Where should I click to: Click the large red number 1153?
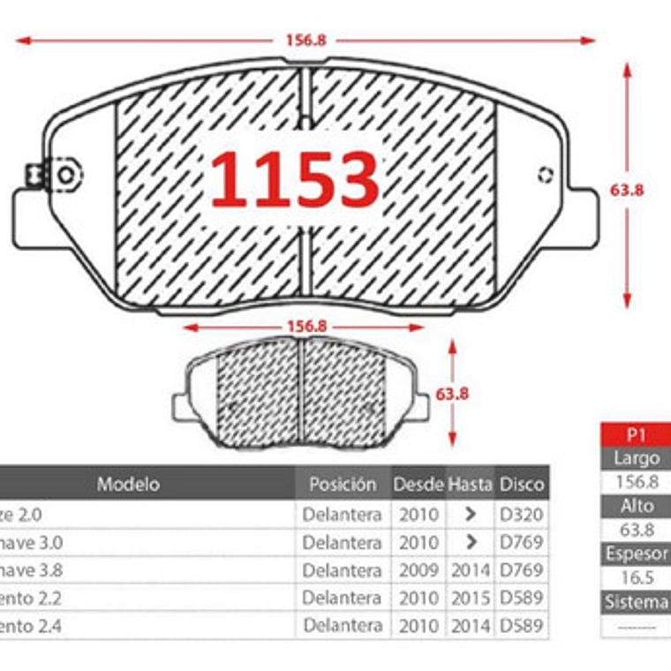(x=295, y=180)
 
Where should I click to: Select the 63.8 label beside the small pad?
(x=452, y=394)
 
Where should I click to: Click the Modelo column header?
(x=129, y=484)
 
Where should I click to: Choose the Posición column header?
(x=343, y=484)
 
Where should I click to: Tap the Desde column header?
(x=418, y=484)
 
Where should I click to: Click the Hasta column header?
(x=470, y=484)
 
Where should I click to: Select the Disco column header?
(x=522, y=484)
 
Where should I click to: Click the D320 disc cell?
(x=522, y=514)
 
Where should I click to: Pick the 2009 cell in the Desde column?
(x=418, y=570)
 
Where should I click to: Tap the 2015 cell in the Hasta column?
(x=470, y=599)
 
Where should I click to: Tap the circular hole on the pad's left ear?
(x=65, y=174)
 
